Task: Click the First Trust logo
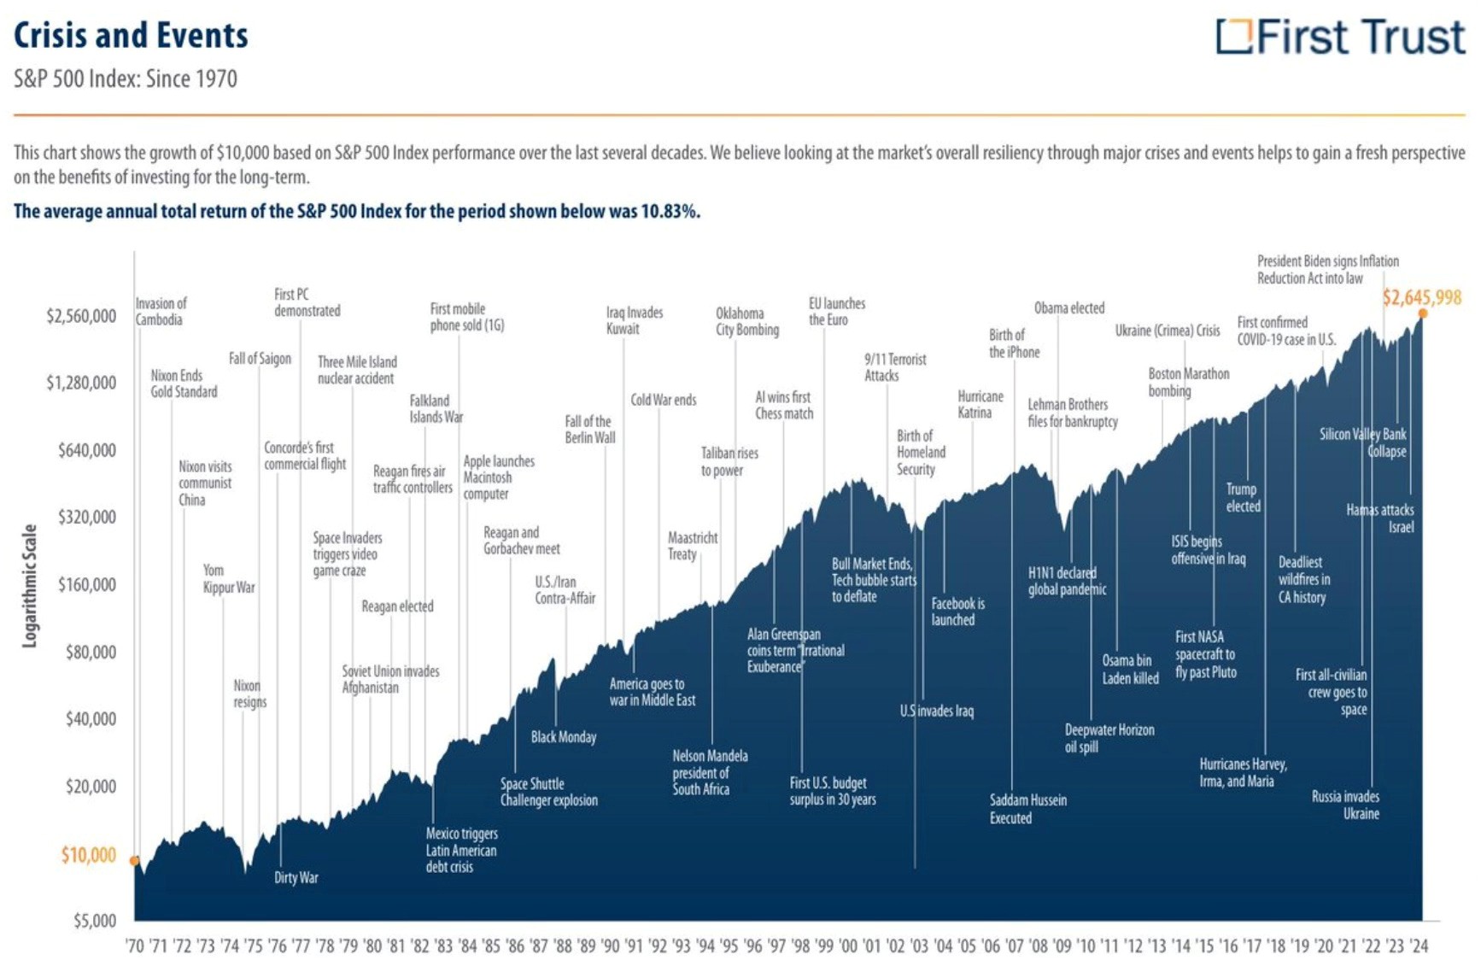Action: click(x=1340, y=37)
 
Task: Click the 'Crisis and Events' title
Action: click(x=131, y=36)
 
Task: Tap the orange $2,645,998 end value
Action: click(x=1421, y=298)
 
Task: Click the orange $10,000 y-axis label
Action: click(x=88, y=855)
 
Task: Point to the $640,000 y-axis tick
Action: click(x=86, y=450)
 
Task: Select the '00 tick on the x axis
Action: click(x=847, y=946)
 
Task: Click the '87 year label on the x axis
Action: click(x=538, y=946)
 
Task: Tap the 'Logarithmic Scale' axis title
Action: click(x=30, y=586)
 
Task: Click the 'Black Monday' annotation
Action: click(x=563, y=737)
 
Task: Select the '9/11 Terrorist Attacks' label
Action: click(x=894, y=367)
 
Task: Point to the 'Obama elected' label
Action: click(x=1068, y=308)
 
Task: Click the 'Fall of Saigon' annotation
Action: click(x=260, y=359)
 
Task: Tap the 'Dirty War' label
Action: click(x=296, y=877)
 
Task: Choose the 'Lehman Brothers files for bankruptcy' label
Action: click(x=1071, y=413)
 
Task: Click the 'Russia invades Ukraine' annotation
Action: click(x=1345, y=805)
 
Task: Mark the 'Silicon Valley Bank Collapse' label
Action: click(x=1362, y=442)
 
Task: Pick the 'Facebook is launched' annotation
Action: click(x=957, y=612)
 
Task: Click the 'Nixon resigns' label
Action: click(x=249, y=694)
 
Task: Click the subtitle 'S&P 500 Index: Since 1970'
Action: click(x=126, y=79)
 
